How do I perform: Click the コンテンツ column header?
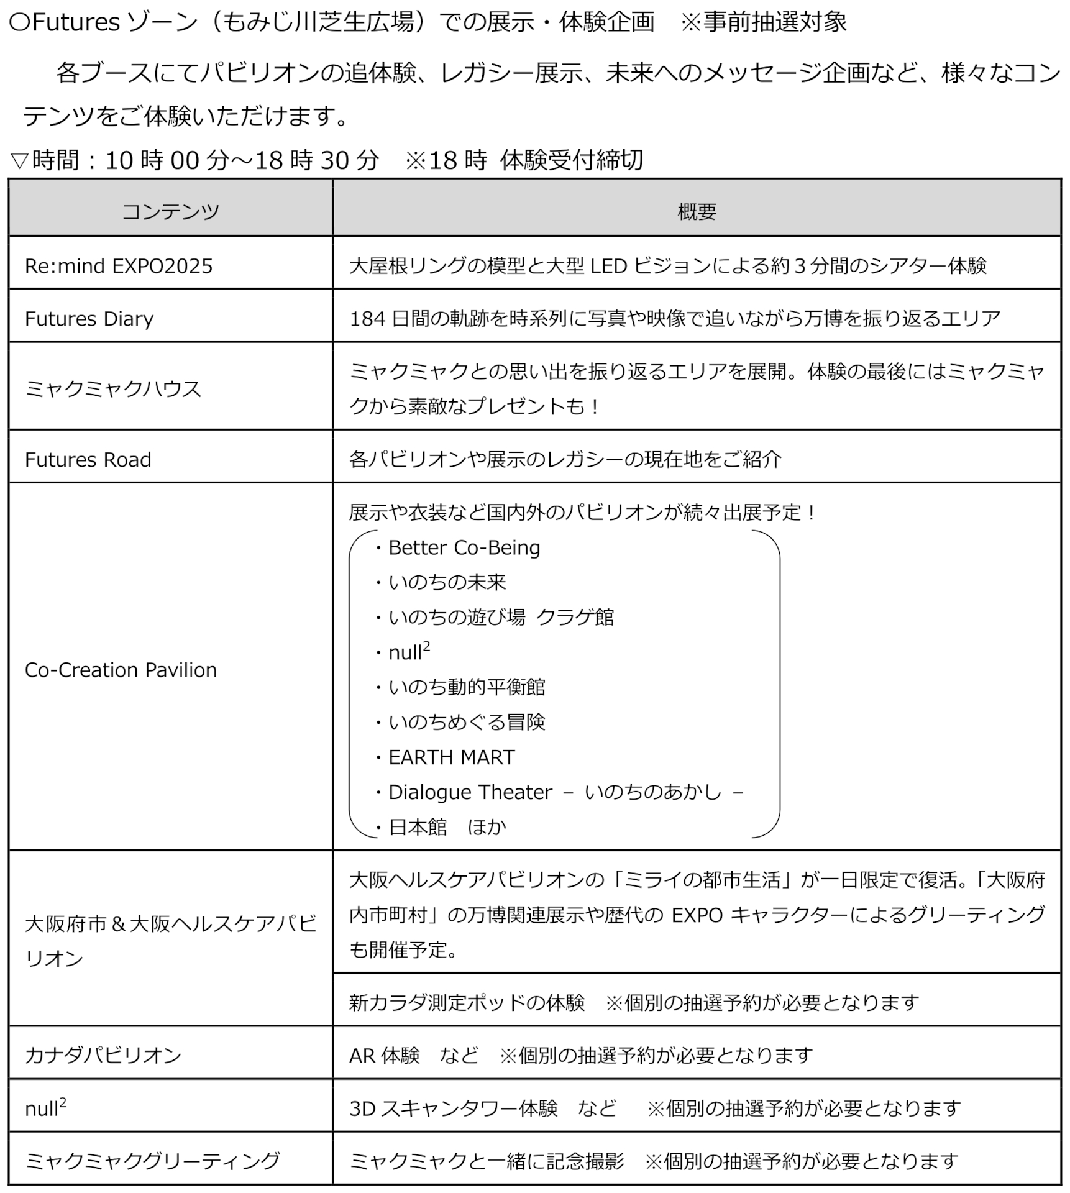pyautogui.click(x=170, y=212)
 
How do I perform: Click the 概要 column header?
pyautogui.click(x=697, y=212)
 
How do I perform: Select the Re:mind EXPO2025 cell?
pyautogui.click(x=119, y=267)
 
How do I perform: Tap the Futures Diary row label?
pyautogui.click(x=89, y=319)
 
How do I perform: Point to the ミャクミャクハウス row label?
pyautogui.click(x=113, y=390)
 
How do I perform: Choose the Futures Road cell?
pyautogui.click(x=88, y=460)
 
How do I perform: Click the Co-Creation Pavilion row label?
pyautogui.click(x=121, y=670)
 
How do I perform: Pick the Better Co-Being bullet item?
pyautogui.click(x=464, y=548)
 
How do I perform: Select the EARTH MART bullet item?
pyautogui.click(x=451, y=757)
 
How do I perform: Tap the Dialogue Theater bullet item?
pyautogui.click(x=470, y=792)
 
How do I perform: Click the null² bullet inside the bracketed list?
pyautogui.click(x=408, y=652)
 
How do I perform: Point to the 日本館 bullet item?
pyautogui.click(x=418, y=828)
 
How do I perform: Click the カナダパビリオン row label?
pyautogui.click(x=103, y=1056)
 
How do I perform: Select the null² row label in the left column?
pyautogui.click(x=45, y=1109)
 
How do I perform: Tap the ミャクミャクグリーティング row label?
pyautogui.click(x=152, y=1161)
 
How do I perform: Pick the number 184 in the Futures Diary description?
pyautogui.click(x=368, y=319)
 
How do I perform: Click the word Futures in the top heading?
pyautogui.click(x=76, y=23)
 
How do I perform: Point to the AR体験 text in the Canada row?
pyautogui.click(x=384, y=1056)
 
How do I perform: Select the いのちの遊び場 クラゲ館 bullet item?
pyautogui.click(x=501, y=618)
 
